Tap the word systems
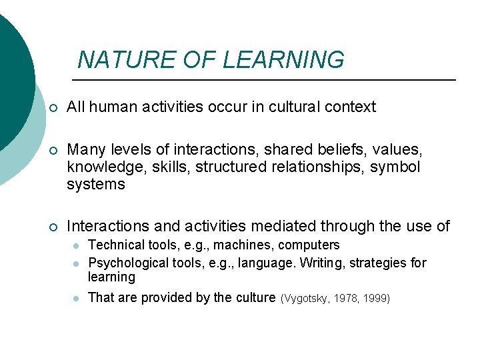point(95,185)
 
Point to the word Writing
point(322,263)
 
